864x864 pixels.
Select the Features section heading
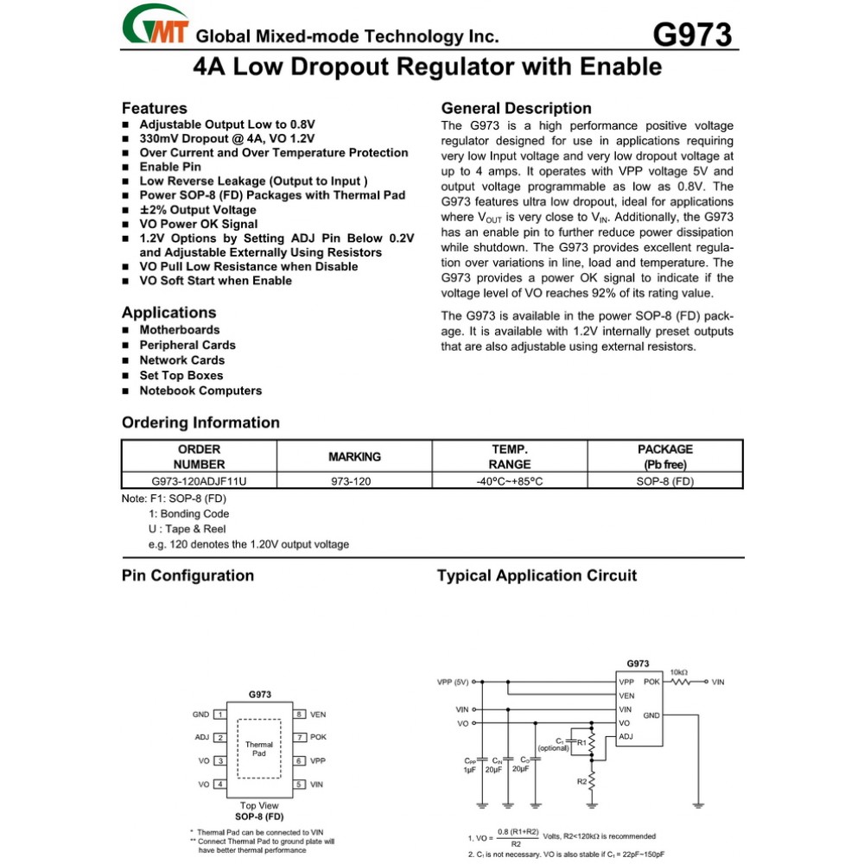point(154,109)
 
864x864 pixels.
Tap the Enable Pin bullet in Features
point(170,167)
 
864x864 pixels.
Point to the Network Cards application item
point(181,360)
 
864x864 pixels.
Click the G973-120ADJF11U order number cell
point(199,481)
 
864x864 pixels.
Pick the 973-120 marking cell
point(351,481)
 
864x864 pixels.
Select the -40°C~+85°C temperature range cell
point(509,481)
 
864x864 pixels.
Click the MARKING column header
point(354,456)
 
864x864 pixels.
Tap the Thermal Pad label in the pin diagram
point(259,748)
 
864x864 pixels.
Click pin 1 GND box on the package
point(221,715)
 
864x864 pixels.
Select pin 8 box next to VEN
point(299,715)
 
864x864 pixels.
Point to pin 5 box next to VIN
point(299,785)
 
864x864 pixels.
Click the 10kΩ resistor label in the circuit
point(679,672)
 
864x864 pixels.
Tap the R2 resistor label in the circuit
point(581,781)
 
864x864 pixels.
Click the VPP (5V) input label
point(453,682)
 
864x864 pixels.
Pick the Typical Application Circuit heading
point(537,575)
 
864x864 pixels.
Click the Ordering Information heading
point(200,422)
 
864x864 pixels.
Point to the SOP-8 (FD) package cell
point(664,481)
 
